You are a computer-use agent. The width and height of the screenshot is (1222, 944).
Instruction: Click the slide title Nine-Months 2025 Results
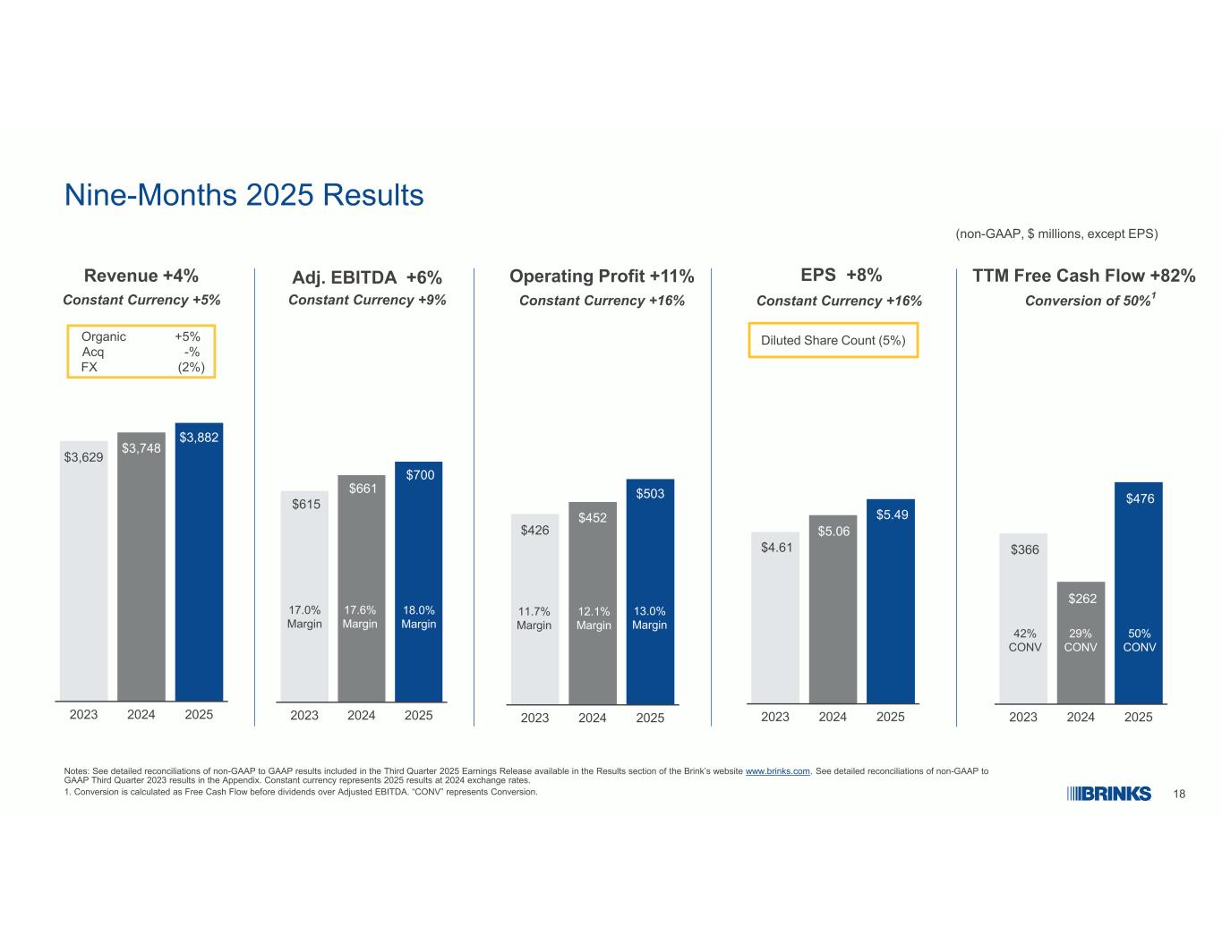pos(244,195)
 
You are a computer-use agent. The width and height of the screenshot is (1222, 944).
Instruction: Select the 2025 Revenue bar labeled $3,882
pos(199,564)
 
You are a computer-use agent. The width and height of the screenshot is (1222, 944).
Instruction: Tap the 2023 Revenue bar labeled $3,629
pos(83,573)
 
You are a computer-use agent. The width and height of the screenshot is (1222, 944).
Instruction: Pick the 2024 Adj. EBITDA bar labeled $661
pos(362,591)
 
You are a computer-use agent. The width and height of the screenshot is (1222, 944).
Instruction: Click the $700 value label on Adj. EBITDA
pos(420,475)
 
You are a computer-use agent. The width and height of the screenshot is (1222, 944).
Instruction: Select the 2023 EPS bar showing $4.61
pos(774,617)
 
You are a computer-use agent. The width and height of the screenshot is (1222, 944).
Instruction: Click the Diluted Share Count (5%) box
pos(833,340)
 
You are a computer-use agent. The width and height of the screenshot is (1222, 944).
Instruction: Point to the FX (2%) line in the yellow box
pos(141,367)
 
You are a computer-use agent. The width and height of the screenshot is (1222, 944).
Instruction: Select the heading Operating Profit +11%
pos(602,276)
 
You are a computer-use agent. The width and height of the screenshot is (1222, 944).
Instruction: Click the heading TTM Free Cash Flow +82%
pos(1083,276)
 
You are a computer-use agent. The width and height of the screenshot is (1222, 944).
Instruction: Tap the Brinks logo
pos(1109,795)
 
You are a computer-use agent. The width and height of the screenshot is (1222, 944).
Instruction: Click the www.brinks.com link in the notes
pos(777,771)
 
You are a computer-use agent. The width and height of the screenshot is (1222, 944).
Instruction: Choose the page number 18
pos(1179,795)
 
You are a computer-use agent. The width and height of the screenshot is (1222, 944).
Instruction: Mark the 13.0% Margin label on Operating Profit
pos(650,618)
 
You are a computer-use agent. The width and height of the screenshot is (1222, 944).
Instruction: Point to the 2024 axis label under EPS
pos(833,717)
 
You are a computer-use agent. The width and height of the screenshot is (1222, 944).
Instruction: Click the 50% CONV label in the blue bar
pos(1140,640)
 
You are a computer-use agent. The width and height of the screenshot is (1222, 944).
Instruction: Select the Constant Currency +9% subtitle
pos(367,300)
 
